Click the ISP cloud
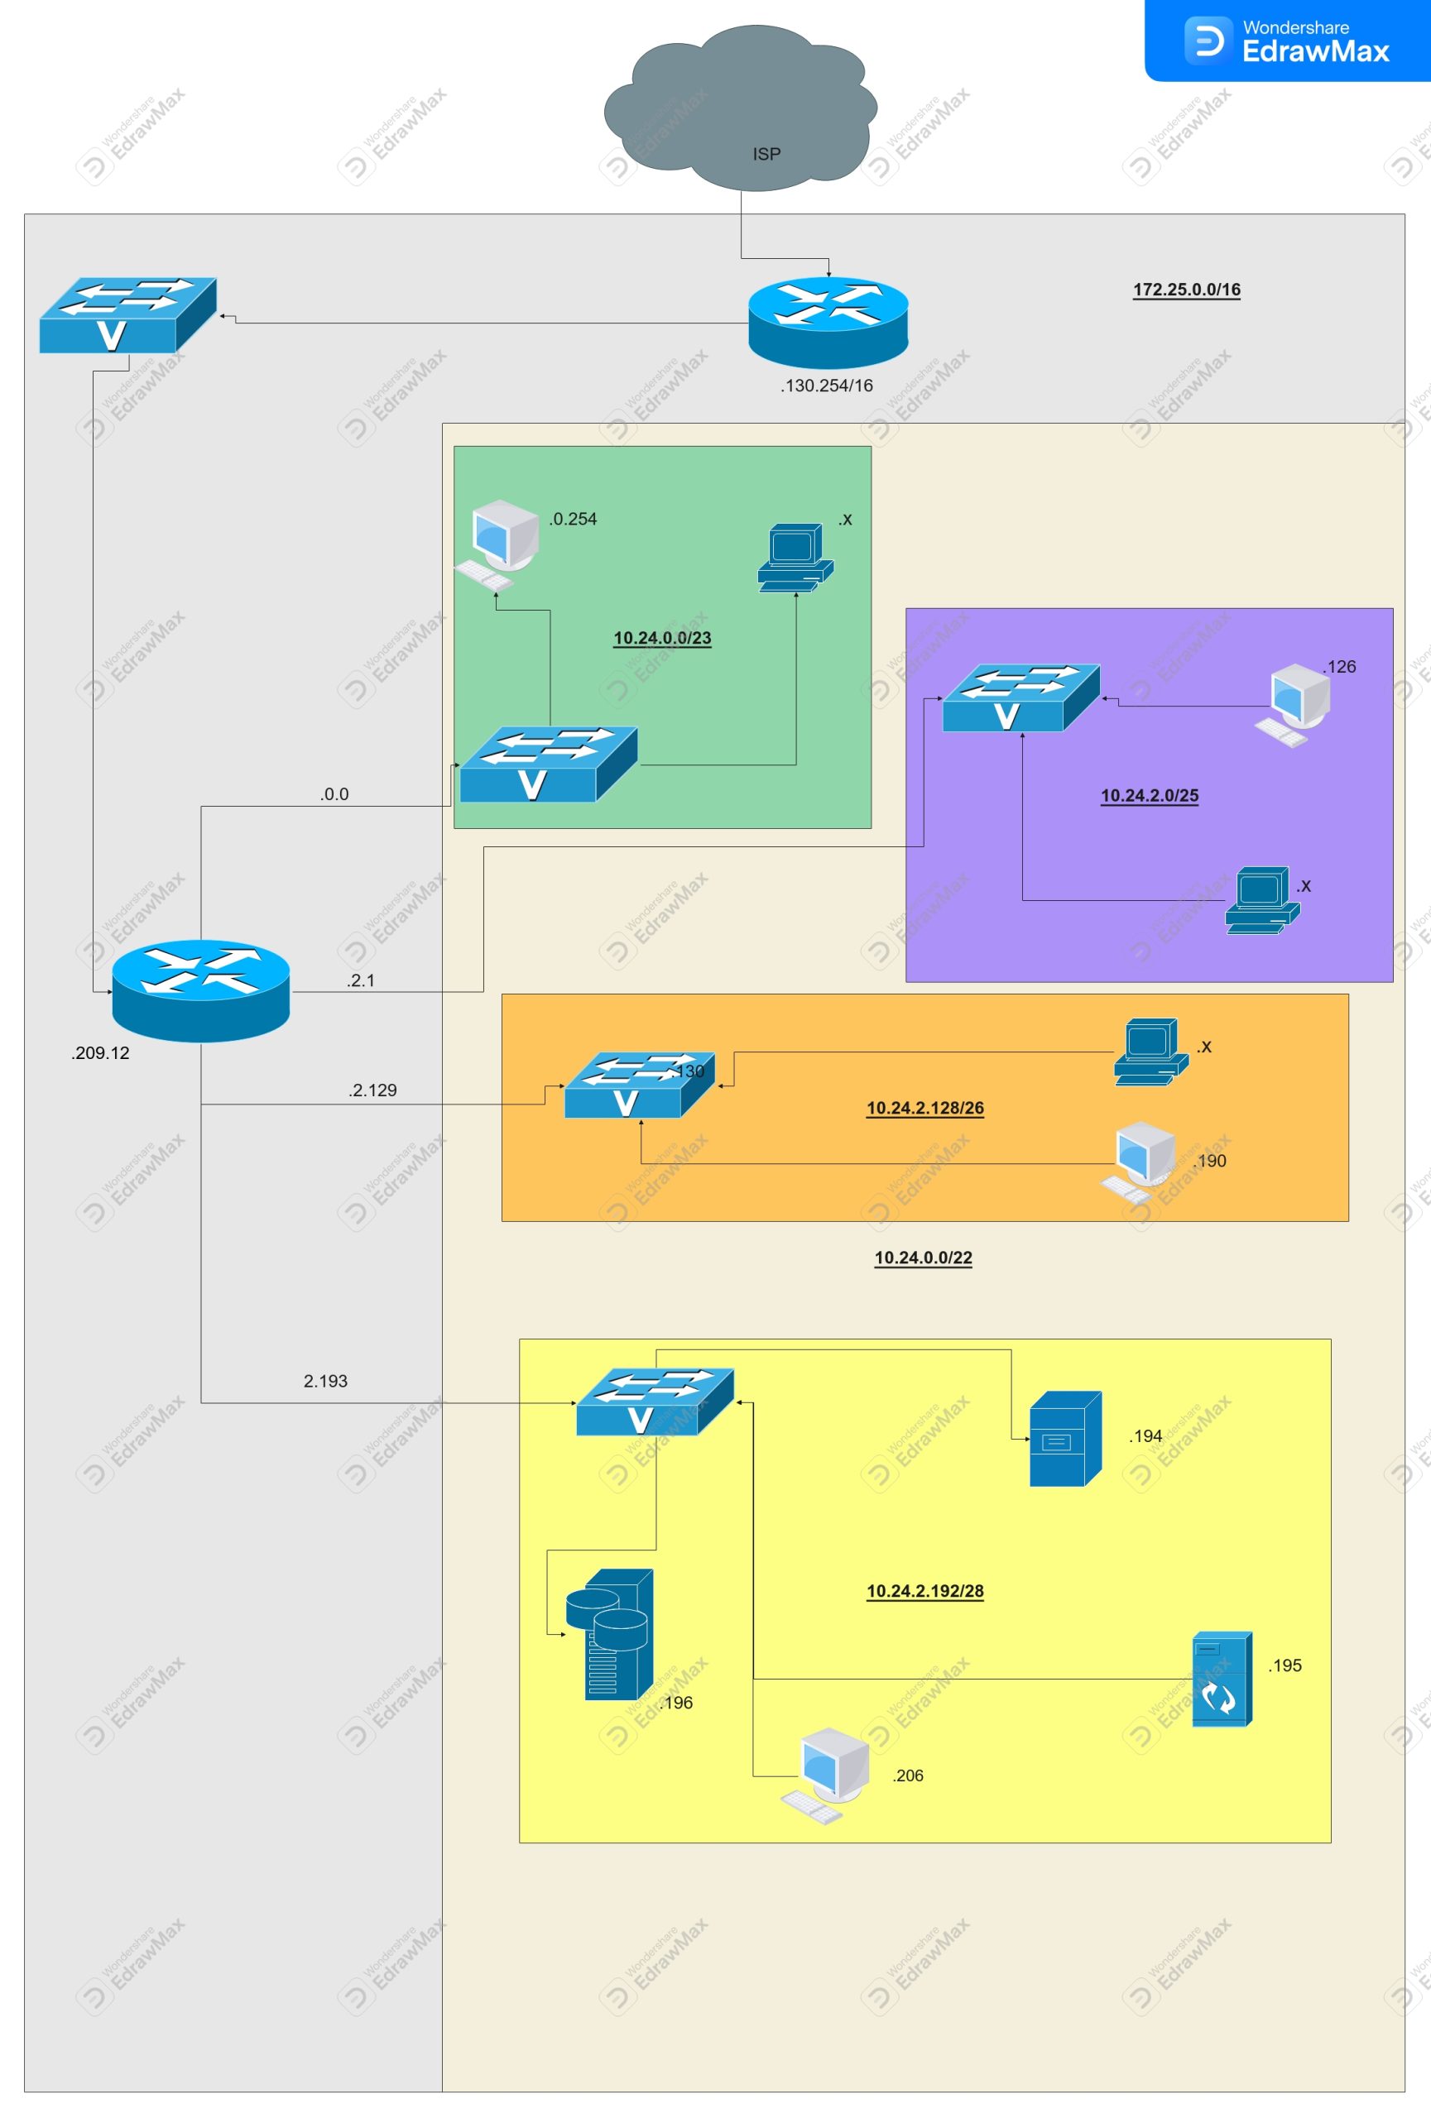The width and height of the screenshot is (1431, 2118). tap(740, 109)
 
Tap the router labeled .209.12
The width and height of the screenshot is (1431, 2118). tap(200, 990)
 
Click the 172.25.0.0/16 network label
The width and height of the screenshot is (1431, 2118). tap(1186, 289)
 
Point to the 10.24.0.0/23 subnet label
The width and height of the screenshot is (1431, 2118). tap(662, 638)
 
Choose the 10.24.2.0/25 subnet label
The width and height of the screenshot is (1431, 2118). tap(1150, 795)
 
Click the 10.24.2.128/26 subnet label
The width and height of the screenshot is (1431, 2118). tap(924, 1107)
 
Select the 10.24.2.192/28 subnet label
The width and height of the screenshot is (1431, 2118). tap(924, 1590)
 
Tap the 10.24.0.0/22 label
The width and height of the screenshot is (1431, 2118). tap(922, 1257)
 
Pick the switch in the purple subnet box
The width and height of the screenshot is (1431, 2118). tap(1020, 698)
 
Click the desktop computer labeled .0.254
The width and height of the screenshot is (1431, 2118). tap(498, 544)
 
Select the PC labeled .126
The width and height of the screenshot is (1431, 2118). tap(1295, 703)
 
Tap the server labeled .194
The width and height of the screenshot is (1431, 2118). tap(1064, 1438)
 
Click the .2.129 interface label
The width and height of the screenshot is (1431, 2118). tap(372, 1090)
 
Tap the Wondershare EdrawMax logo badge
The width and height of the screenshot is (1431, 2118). tap(1287, 41)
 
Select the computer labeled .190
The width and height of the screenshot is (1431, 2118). tap(1140, 1162)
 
